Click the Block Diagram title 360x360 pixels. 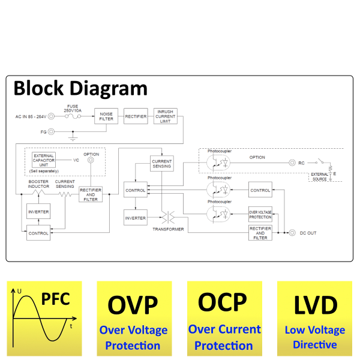click(80, 88)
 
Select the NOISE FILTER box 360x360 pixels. click(106, 116)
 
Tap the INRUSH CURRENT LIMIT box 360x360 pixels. click(166, 116)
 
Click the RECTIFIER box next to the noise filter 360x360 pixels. click(136, 116)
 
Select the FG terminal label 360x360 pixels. click(43, 131)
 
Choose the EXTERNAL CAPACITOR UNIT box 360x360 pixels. click(44, 160)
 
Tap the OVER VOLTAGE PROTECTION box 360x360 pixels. click(260, 214)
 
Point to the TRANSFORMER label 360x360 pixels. click(168, 229)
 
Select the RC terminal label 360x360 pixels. click(302, 163)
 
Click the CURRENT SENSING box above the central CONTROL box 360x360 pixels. click(161, 163)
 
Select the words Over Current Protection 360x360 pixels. click(224, 337)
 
